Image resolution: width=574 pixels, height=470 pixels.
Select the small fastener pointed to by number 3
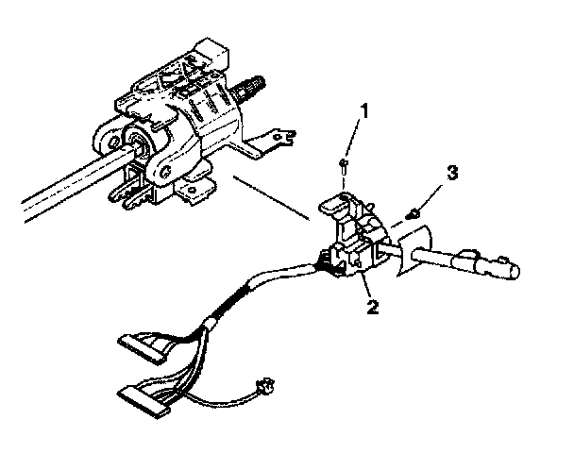coord(414,214)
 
